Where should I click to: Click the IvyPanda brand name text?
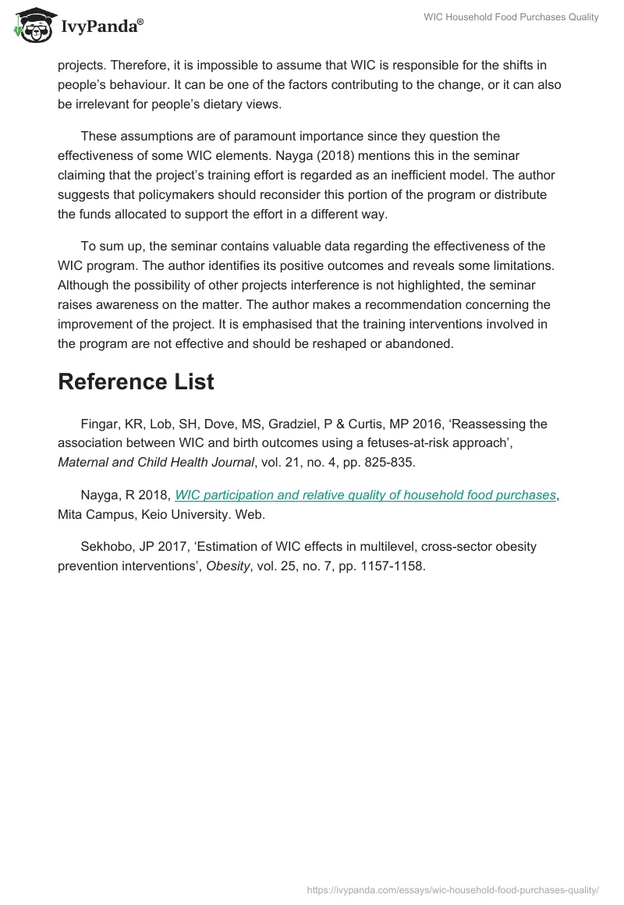101,27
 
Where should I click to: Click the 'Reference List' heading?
136,382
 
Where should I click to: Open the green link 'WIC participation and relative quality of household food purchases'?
365,495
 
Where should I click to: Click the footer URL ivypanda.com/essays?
452,889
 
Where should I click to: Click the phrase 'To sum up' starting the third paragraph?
109,246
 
